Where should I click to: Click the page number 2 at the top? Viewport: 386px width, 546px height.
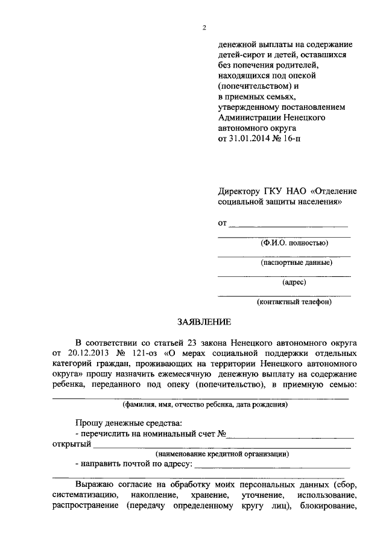[x=204, y=28]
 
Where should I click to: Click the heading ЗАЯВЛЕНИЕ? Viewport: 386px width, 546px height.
[x=203, y=322]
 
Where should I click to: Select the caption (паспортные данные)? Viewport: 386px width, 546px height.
[x=296, y=262]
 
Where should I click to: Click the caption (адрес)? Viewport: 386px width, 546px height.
[x=294, y=282]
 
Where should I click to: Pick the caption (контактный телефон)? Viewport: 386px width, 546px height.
[x=294, y=302]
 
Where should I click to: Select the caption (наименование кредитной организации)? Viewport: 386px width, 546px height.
[x=222, y=454]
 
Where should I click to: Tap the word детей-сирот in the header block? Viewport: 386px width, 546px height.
[x=241, y=55]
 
